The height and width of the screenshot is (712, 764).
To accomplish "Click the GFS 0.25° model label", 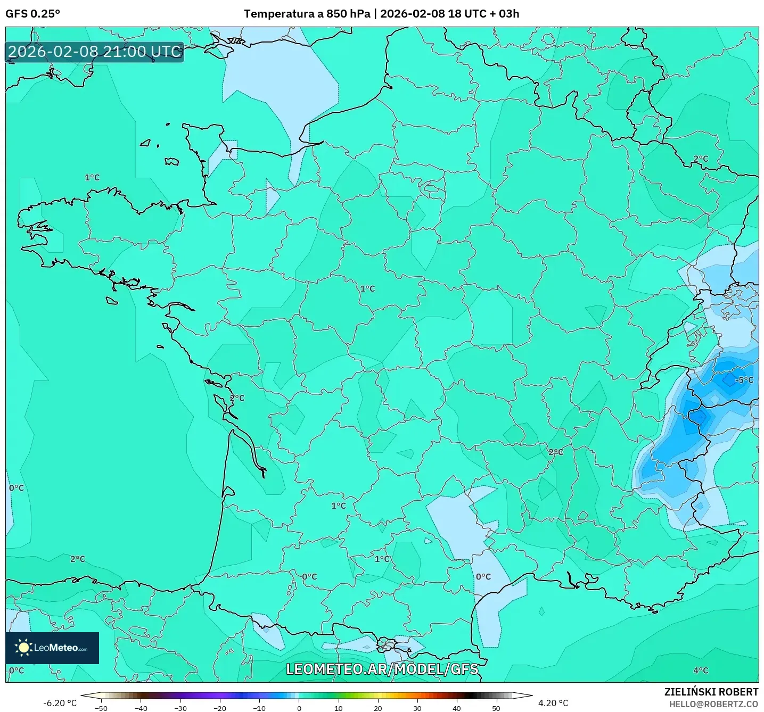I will [32, 14].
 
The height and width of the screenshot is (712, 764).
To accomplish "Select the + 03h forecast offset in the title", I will [505, 14].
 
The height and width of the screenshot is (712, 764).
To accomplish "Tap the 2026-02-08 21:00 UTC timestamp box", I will [95, 52].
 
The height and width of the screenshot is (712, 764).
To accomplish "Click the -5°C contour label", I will [744, 380].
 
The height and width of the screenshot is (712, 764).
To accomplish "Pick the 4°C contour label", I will [701, 670].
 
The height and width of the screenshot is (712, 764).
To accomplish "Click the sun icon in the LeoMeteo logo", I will [23, 648].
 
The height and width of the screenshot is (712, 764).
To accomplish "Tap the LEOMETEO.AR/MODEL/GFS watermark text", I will [382, 669].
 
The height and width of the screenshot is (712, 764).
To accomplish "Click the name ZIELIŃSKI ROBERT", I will [711, 692].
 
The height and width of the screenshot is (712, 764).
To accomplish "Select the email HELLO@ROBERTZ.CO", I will [713, 704].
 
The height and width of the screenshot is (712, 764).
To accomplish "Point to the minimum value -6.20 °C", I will [60, 703].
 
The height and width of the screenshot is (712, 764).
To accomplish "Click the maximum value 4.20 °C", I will [553, 703].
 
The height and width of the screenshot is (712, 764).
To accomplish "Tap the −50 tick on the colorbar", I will [101, 708].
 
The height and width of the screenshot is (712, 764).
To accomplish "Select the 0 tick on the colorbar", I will [299, 708].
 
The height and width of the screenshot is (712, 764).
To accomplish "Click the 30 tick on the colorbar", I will [417, 708].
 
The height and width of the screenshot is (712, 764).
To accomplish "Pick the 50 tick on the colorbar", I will [496, 708].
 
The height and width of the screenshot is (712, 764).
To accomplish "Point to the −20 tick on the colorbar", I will [219, 708].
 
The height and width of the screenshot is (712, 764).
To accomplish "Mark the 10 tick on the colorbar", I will [338, 708].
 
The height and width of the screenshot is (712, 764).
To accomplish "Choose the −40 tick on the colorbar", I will [141, 708].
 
